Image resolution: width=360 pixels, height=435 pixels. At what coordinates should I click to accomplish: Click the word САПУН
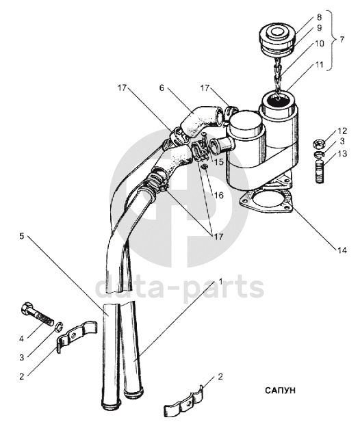(x=280, y=391)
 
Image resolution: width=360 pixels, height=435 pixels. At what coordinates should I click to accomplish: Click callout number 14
(x=342, y=250)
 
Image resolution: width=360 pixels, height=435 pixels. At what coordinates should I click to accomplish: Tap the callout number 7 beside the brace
(x=342, y=40)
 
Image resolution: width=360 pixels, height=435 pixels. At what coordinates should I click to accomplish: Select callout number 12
(x=342, y=131)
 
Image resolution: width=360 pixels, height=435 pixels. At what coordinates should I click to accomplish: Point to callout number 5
(x=22, y=236)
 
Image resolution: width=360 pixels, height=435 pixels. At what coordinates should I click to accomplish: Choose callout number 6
(x=162, y=88)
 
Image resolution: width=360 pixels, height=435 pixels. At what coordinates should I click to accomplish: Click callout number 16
(x=219, y=195)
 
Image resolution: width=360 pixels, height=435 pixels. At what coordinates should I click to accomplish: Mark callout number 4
(x=22, y=339)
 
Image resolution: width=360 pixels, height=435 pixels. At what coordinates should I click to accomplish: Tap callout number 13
(x=342, y=153)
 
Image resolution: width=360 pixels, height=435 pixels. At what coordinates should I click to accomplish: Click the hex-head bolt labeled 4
(x=37, y=313)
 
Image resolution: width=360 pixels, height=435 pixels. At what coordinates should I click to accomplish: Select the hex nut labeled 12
(x=319, y=144)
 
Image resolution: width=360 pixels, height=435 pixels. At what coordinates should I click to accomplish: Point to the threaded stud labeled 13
(x=320, y=170)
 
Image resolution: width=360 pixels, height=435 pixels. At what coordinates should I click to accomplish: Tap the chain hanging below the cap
(x=279, y=77)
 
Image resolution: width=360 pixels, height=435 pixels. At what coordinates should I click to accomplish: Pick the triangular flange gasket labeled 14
(x=267, y=202)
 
